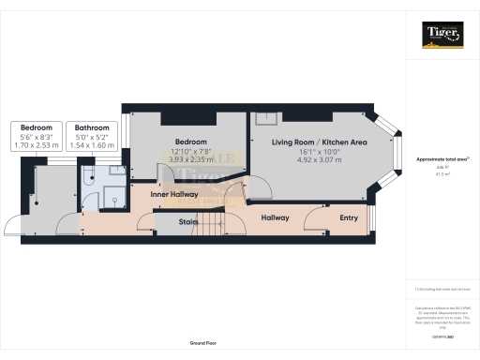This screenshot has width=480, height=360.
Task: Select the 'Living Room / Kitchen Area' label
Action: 319,142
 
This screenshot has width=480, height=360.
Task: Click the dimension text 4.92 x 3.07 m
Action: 319,160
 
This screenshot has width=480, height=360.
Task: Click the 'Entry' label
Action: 349,218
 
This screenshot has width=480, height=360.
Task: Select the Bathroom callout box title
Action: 93,127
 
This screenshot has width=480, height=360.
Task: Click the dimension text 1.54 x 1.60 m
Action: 93,146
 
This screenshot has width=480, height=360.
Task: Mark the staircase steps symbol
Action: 217,223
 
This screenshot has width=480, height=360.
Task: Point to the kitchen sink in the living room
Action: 266,119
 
